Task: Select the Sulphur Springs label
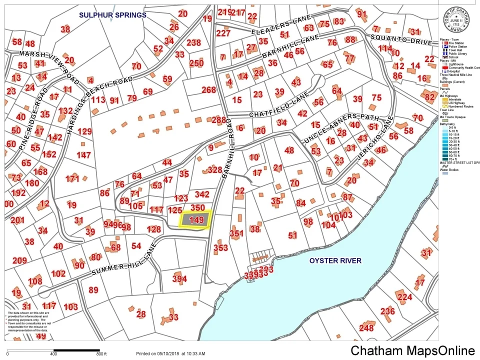112,15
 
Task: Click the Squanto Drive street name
400,40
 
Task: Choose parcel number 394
179,279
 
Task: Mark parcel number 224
404,297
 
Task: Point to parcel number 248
366,328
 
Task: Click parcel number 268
208,90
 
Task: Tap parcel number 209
19,260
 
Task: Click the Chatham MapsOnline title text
412,350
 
